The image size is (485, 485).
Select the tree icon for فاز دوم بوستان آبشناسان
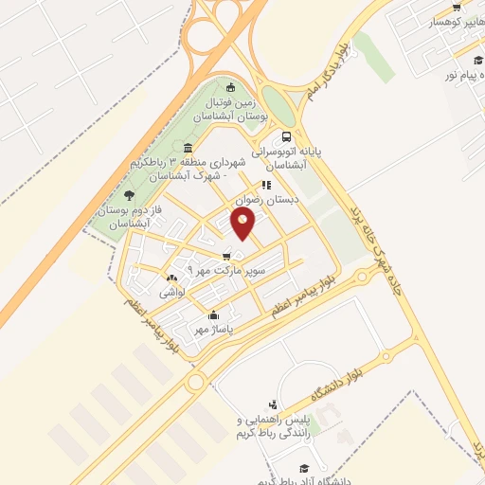click(x=129, y=194)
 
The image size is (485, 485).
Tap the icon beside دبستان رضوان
click(x=267, y=186)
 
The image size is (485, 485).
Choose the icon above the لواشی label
click(x=171, y=278)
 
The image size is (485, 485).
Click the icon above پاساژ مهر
click(x=214, y=315)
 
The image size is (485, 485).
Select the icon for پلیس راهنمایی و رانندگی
click(x=273, y=404)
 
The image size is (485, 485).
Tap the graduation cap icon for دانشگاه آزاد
click(x=305, y=468)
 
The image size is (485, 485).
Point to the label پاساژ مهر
click(x=214, y=330)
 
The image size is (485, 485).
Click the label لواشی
click(x=171, y=294)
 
